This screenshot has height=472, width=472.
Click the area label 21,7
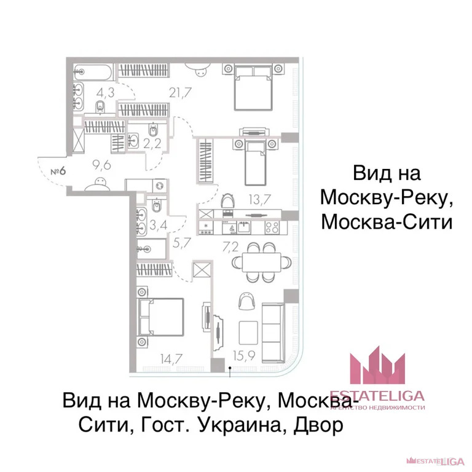click(178, 93)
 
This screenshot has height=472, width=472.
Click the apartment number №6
click(58, 170)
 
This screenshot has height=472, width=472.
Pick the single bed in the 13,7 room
click(254, 162)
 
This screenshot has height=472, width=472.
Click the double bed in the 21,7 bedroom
click(252, 87)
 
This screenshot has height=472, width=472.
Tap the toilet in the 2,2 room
click(154, 130)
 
